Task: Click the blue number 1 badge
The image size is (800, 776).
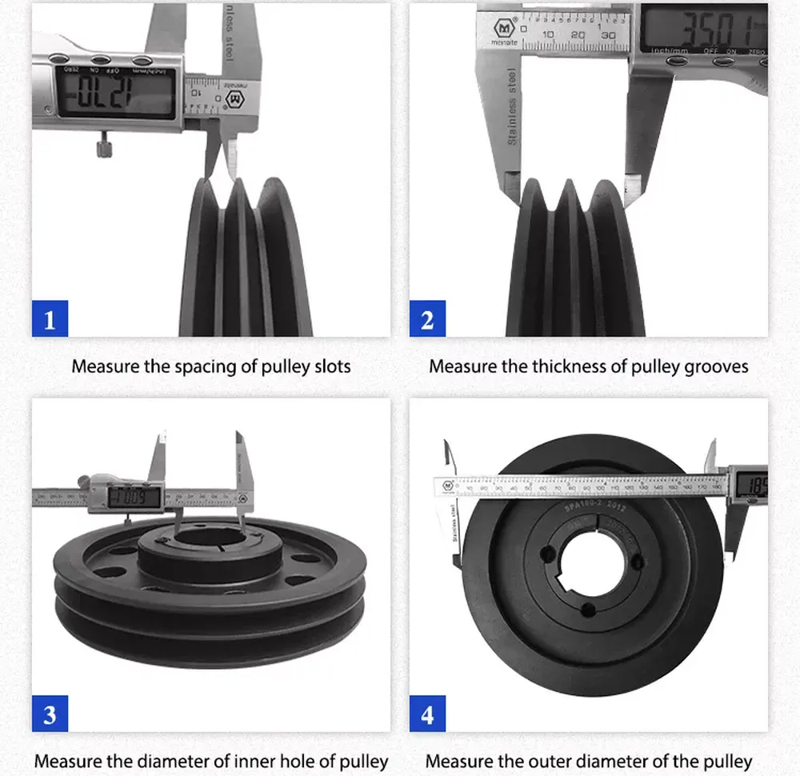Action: pyautogui.click(x=50, y=320)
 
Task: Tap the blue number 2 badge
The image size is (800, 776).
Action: pyautogui.click(x=427, y=320)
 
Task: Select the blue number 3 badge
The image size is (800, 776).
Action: pyautogui.click(x=50, y=714)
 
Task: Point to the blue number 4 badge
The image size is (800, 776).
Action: pyautogui.click(x=427, y=714)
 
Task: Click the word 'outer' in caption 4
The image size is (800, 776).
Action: pyautogui.click(x=578, y=760)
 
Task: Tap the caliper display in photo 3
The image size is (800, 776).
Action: pyautogui.click(x=133, y=498)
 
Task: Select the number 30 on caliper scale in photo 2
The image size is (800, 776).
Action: pyautogui.click(x=609, y=35)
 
